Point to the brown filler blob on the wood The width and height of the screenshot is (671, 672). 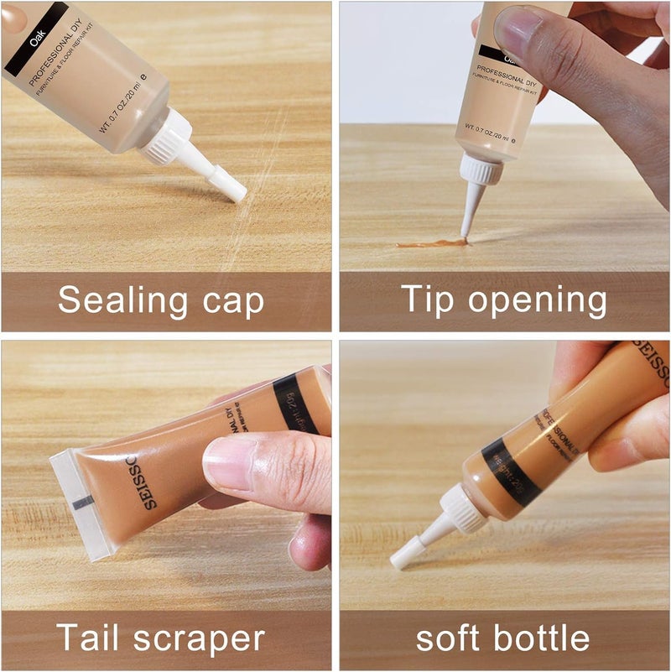point(431,243)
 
